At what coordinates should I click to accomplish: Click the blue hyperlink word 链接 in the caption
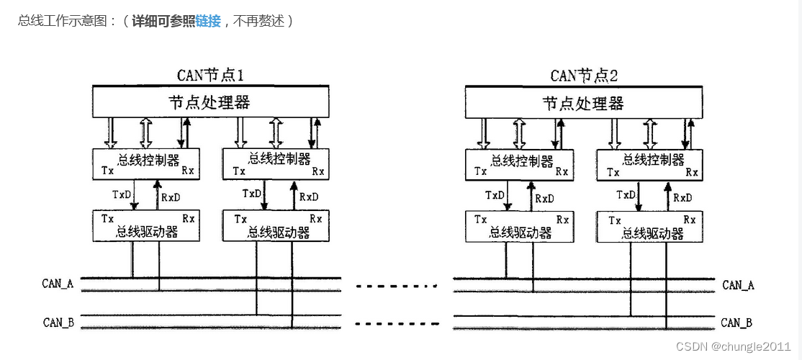coord(208,21)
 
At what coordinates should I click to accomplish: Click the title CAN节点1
coord(214,75)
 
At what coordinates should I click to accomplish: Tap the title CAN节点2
coord(584,75)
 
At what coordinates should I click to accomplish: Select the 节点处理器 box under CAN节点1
coord(210,102)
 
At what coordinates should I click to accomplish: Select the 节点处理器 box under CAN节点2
coord(583,102)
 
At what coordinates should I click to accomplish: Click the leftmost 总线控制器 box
coord(146,163)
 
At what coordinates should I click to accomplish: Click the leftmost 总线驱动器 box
coord(146,225)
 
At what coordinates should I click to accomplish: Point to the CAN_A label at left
coord(58,283)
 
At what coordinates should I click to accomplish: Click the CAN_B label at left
coord(58,322)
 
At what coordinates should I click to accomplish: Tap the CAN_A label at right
coord(738,285)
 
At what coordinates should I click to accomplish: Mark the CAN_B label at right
coord(736,323)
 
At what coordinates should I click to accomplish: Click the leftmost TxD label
coord(121,194)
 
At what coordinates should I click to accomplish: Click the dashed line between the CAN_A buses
coord(397,286)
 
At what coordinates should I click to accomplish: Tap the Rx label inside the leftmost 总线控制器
coord(187,171)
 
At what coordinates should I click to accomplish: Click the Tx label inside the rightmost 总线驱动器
coord(614,220)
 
